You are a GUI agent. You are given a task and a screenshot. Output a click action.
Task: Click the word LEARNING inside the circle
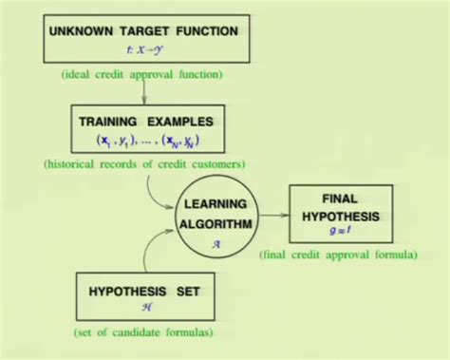(x=217, y=203)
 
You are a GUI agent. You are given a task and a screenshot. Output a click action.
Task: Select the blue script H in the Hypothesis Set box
(x=144, y=308)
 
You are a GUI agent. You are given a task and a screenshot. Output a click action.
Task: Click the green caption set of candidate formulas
(x=144, y=333)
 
